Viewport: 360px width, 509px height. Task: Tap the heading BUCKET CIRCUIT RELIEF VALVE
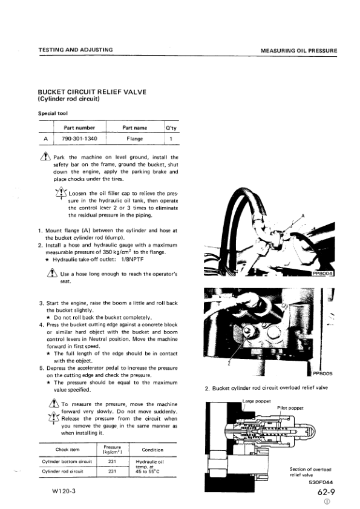click(92, 92)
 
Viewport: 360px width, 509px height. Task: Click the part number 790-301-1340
click(80, 139)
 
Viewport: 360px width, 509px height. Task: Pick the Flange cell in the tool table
click(135, 139)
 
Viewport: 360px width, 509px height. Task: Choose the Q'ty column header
click(171, 128)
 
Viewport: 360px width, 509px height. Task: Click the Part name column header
click(135, 128)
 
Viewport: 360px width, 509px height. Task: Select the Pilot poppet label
click(290, 408)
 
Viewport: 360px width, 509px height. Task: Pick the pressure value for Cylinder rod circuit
click(112, 470)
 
